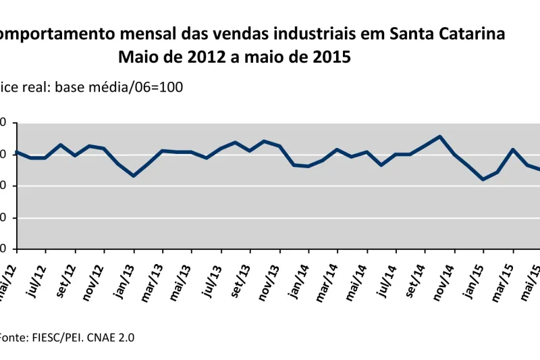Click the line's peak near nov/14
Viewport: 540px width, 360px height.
(x=440, y=136)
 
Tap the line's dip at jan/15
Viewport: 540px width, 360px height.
(x=483, y=179)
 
